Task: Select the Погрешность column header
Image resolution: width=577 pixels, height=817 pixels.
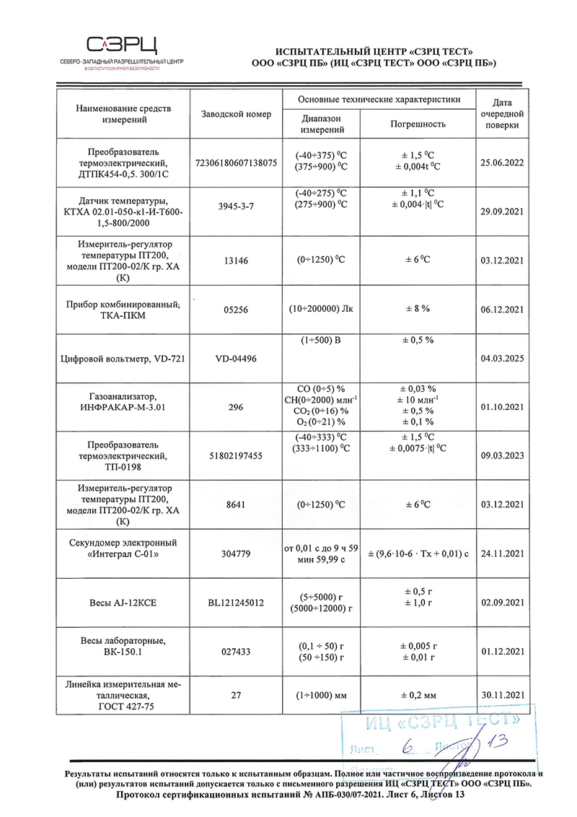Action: [418, 124]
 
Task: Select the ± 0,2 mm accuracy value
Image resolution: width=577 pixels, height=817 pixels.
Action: [418, 696]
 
